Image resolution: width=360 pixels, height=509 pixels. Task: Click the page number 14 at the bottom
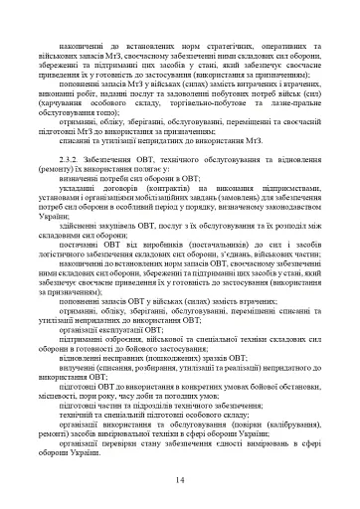tap(179, 480)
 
